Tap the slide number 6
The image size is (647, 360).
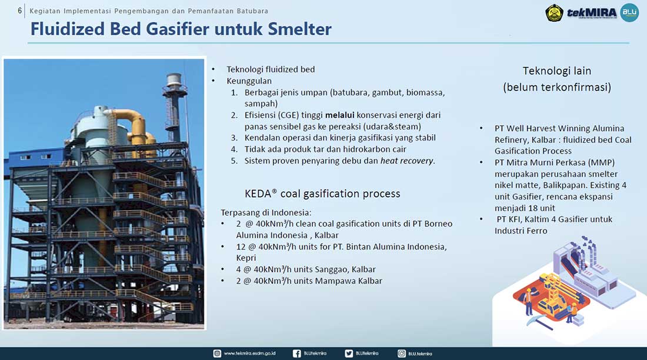click(20, 11)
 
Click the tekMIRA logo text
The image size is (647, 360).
click(592, 12)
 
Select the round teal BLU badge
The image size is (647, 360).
click(629, 12)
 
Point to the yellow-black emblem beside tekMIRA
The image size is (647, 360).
click(554, 13)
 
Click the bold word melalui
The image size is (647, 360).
click(339, 115)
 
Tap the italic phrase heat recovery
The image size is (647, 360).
click(407, 161)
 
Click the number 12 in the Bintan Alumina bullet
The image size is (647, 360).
click(241, 247)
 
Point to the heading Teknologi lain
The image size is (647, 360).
click(557, 71)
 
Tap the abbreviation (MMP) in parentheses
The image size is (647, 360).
click(601, 163)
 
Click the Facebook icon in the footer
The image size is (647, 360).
click(296, 354)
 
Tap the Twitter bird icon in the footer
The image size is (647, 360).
click(349, 354)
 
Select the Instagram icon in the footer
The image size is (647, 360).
click(402, 354)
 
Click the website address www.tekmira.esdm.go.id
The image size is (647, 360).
click(249, 354)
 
